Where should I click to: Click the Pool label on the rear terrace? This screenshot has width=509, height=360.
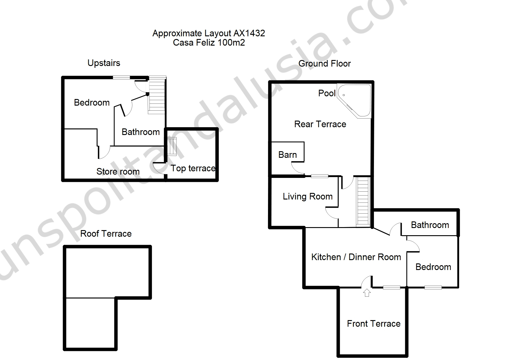click(327, 93)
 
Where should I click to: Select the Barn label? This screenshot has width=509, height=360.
click(288, 155)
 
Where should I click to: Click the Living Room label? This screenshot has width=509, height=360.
click(308, 196)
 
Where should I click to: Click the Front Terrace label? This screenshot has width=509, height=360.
click(374, 324)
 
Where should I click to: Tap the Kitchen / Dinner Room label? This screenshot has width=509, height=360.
click(356, 257)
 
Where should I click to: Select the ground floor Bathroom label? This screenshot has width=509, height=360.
click(430, 225)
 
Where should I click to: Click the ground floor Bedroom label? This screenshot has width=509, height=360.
click(433, 267)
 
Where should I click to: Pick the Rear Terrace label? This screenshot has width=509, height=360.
click(320, 124)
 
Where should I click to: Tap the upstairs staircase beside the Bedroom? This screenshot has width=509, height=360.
click(157, 95)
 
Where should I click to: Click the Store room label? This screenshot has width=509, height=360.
click(118, 172)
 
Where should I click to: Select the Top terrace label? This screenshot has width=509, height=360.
click(193, 168)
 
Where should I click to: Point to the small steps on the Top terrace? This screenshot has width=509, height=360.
click(172, 146)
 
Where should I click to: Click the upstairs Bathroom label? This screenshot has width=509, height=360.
click(140, 132)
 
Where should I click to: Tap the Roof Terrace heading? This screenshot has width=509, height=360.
click(106, 234)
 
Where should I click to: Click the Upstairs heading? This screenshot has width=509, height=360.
click(104, 63)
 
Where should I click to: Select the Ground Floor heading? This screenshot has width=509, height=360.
click(324, 64)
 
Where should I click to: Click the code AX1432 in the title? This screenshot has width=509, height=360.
click(249, 33)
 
